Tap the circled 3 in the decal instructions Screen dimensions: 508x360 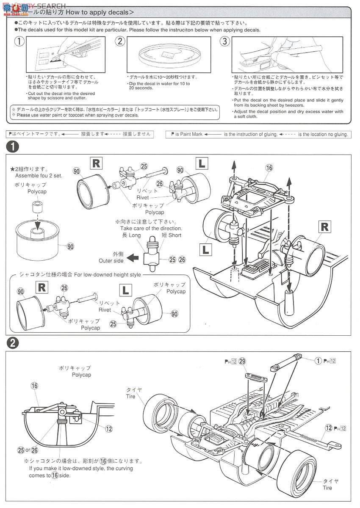click(x=224, y=41)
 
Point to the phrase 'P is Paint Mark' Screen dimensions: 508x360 click(x=187, y=134)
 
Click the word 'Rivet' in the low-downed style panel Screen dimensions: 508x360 click(x=105, y=310)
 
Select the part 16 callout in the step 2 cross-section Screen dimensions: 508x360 click(x=34, y=386)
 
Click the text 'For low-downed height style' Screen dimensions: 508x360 click(x=108, y=275)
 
